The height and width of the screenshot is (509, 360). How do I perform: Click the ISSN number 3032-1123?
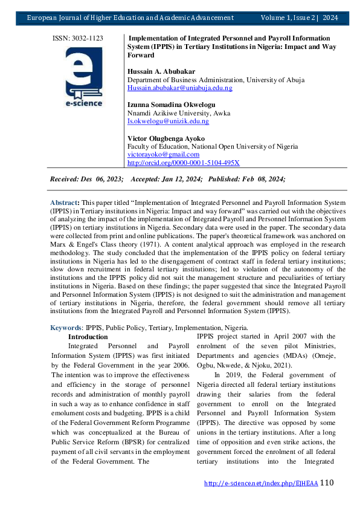pos(78,38)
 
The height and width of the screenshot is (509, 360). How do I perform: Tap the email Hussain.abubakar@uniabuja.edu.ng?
pos(179,88)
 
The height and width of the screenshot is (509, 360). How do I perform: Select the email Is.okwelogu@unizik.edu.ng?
pos(168,121)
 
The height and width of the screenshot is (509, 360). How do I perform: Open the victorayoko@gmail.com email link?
pos(163,155)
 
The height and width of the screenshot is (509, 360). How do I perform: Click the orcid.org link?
pos(184,163)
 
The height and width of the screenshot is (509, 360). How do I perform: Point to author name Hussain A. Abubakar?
pos(161,71)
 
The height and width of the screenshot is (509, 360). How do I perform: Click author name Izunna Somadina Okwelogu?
pos(171,105)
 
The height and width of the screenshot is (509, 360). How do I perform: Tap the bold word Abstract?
pos(63,201)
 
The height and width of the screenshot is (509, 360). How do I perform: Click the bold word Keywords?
pos(66,328)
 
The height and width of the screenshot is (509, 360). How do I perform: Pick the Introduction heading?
pos(88,337)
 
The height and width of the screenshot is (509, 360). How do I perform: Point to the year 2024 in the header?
pos(330,18)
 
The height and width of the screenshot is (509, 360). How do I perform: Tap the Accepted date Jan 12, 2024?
pos(187,179)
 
